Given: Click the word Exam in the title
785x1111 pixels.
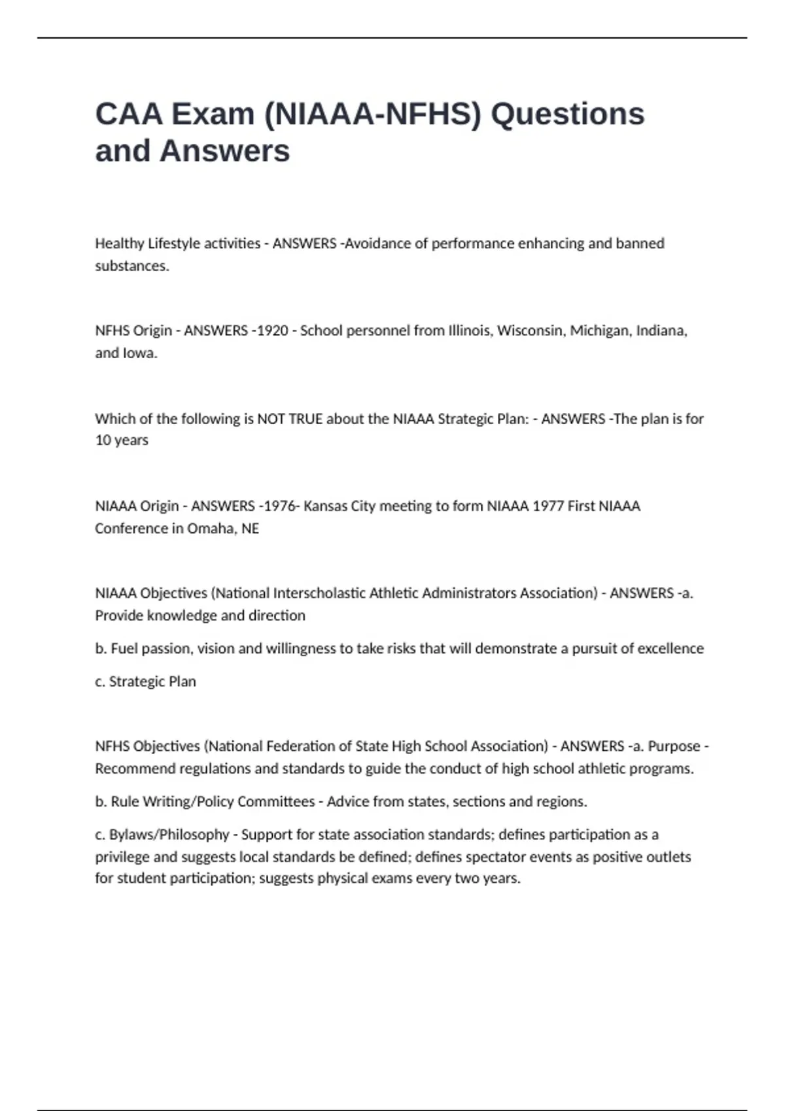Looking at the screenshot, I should click(x=213, y=114).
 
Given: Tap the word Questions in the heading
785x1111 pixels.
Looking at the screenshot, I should click(x=567, y=114).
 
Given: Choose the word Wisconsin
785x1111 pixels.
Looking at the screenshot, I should click(x=531, y=331).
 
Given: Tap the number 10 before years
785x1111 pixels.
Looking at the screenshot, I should click(x=103, y=440).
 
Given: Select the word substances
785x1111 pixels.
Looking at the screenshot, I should click(x=131, y=266).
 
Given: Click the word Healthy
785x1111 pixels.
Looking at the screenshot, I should click(x=119, y=243).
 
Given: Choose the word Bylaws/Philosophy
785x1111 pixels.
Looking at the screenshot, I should click(x=169, y=835).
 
